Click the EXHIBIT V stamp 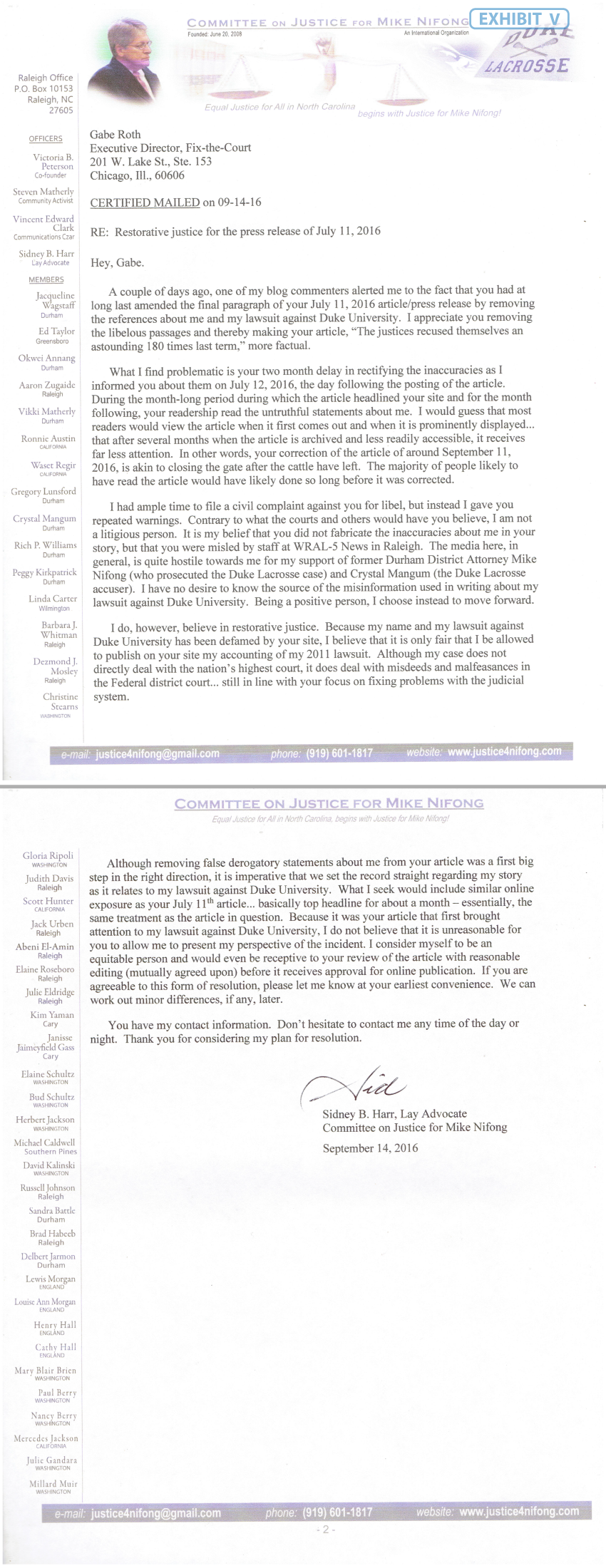point(519,20)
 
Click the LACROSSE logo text point(527,66)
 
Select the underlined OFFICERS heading point(46,139)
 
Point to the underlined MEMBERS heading point(46,280)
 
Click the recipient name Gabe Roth point(115,135)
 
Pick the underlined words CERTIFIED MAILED point(145,202)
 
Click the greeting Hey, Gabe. point(117,263)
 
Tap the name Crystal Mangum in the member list point(45,519)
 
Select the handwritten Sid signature point(354,1088)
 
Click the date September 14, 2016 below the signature point(370,1148)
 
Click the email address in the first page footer point(158,753)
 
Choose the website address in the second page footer point(519,1511)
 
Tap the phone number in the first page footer point(339,753)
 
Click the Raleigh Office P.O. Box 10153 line point(43,88)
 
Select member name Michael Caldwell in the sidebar point(44,1143)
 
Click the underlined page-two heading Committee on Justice point(329,804)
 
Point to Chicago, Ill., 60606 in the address point(137,175)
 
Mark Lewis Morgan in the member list point(51,1279)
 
